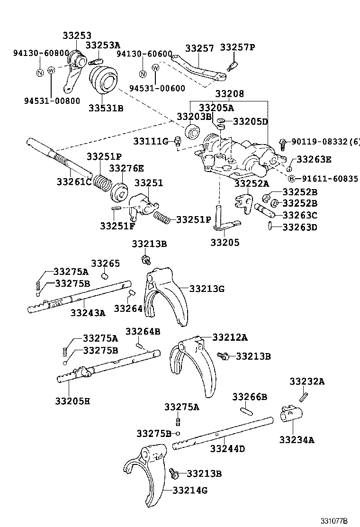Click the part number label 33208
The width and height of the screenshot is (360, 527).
point(230,94)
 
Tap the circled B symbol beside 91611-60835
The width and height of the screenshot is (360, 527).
point(292,179)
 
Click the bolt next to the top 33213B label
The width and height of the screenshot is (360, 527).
point(146,259)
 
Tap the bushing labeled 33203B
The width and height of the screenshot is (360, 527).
point(192,131)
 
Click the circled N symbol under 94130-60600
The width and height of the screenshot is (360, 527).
point(142,74)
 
